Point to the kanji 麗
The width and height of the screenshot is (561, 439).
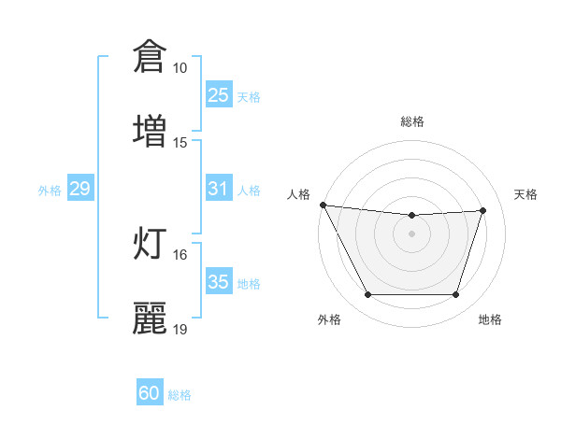coord(150,317)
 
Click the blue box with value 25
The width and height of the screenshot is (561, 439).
coord(218,95)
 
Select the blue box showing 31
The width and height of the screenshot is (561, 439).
coord(218,189)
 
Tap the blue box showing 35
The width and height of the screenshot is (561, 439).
coord(218,282)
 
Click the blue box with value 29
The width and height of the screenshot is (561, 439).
coord(79,189)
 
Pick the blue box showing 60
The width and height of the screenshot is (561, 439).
coord(150,394)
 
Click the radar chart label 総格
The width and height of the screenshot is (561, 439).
coord(412,121)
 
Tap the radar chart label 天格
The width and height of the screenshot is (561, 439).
coord(526,194)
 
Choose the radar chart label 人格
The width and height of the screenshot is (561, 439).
coord(298,194)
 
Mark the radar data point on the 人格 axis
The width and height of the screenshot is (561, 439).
coord(324,205)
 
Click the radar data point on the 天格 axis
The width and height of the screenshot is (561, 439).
coord(482,210)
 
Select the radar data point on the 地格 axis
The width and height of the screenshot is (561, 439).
coord(455,295)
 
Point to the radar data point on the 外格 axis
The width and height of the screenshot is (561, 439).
coord(367,295)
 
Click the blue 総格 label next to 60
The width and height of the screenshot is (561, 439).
coord(180,395)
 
